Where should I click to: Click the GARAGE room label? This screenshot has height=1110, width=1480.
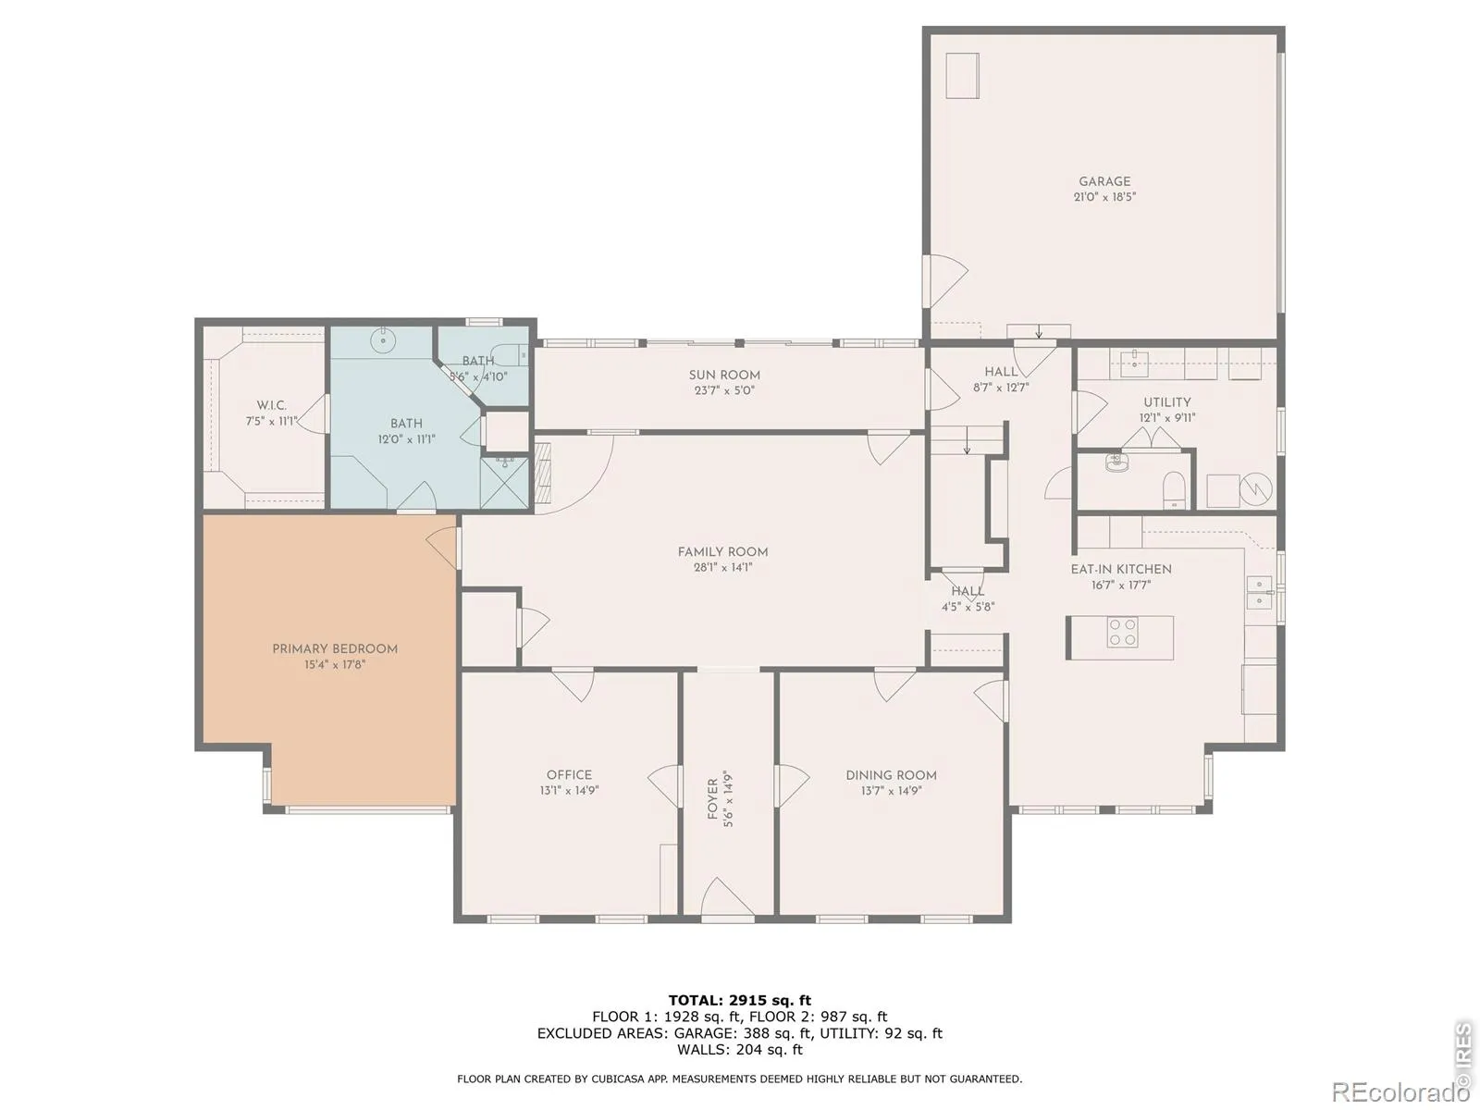click(x=1104, y=181)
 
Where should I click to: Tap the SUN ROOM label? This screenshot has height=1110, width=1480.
click(x=724, y=376)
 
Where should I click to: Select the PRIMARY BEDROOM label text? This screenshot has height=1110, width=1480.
click(x=335, y=649)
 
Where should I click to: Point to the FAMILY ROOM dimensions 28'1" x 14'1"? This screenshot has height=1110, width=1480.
click(x=722, y=567)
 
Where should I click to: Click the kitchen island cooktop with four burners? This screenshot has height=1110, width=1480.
click(x=1122, y=632)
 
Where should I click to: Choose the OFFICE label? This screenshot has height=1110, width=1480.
click(x=569, y=775)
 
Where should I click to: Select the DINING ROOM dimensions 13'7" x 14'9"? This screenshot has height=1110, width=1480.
click(x=891, y=791)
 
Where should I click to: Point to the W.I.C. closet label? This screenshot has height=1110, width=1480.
click(x=271, y=406)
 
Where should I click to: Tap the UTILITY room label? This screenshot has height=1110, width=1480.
click(x=1166, y=402)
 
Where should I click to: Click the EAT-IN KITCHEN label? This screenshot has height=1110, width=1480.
click(x=1120, y=570)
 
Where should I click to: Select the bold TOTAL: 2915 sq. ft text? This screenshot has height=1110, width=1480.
click(x=740, y=1000)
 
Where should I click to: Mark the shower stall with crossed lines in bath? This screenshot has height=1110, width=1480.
click(x=504, y=483)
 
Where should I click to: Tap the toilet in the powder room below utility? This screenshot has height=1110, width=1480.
click(x=1174, y=488)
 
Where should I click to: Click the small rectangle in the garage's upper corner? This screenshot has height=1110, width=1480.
click(x=962, y=76)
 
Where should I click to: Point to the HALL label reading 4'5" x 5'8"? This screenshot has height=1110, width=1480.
click(x=968, y=599)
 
